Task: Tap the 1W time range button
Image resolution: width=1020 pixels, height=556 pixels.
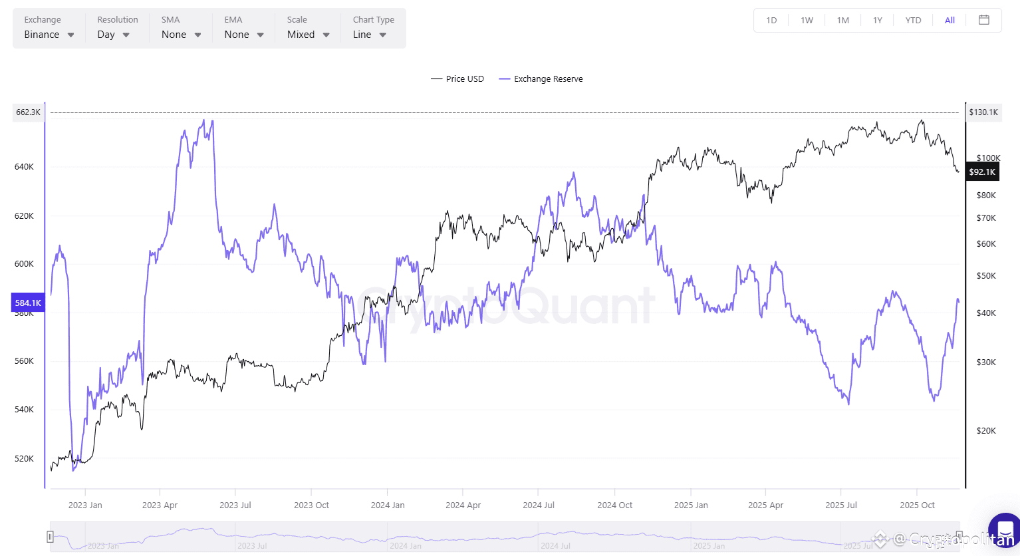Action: point(807,21)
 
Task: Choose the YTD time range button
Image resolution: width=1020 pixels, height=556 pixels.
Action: point(913,21)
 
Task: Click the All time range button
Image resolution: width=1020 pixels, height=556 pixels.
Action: point(950,21)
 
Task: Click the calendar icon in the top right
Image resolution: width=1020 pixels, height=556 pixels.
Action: point(984,20)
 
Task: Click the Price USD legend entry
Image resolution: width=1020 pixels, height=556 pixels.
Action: point(457,79)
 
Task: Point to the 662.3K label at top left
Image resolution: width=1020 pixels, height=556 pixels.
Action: point(29,112)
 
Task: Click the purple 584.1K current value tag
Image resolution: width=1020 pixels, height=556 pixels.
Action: point(28,303)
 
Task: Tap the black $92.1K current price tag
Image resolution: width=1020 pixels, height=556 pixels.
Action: point(982,172)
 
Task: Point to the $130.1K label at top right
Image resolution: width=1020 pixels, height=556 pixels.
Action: point(983,112)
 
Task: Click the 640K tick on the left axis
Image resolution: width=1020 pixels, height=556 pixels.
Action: point(24,167)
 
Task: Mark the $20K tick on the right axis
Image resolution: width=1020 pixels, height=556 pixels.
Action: point(986,431)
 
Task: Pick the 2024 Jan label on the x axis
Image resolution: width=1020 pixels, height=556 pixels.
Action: point(388,505)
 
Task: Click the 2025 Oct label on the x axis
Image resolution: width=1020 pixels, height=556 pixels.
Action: point(917,505)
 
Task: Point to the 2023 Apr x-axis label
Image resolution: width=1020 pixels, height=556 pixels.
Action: point(160,505)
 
